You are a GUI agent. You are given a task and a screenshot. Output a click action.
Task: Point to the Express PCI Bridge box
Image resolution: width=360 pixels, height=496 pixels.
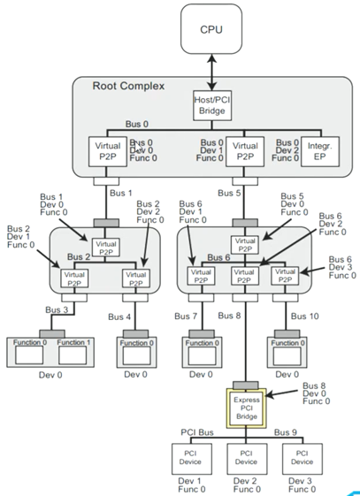click(247, 405)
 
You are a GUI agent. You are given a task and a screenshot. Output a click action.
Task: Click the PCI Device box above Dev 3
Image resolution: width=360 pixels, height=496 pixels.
click(302, 456)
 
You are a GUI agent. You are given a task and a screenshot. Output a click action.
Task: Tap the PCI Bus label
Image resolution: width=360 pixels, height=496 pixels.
click(197, 432)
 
